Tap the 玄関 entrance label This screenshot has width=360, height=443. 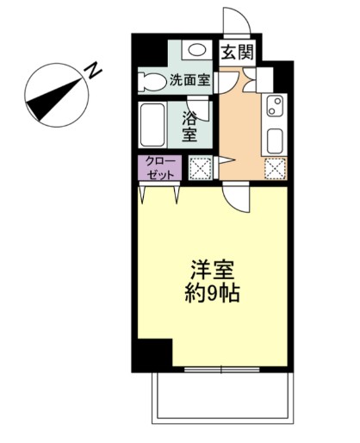(x=237, y=52)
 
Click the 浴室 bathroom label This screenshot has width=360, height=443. (x=189, y=126)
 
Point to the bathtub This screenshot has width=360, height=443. (x=157, y=126)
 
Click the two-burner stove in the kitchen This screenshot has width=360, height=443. (x=276, y=108)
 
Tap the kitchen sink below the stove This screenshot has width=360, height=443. (x=276, y=140)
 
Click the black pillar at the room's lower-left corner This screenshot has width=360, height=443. (x=154, y=353)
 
